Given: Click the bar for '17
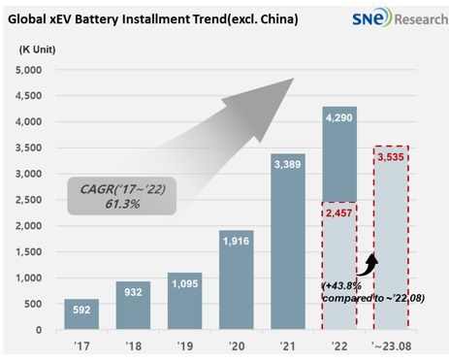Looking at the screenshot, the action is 81,314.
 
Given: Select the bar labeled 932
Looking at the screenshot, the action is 133,306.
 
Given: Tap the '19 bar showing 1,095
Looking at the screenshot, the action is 184,301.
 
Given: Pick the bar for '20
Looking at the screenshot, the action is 237,279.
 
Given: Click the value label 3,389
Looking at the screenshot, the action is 288,164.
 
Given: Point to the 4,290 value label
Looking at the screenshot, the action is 339,117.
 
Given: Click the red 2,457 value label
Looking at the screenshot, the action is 338,213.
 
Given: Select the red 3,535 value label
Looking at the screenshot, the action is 391,157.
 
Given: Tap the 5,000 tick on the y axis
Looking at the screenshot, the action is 28,70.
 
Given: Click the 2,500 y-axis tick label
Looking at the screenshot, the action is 28,200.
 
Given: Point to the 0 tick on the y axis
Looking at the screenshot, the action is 39,330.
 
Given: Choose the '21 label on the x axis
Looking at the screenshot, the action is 288,346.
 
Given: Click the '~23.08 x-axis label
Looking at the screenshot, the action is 392,346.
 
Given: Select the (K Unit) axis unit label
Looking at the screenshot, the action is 37,49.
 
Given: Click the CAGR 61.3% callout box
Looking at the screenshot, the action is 122,196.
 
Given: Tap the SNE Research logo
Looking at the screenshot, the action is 400,17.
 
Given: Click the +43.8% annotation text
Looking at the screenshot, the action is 342,286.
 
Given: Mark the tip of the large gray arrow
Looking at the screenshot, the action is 294,78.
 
